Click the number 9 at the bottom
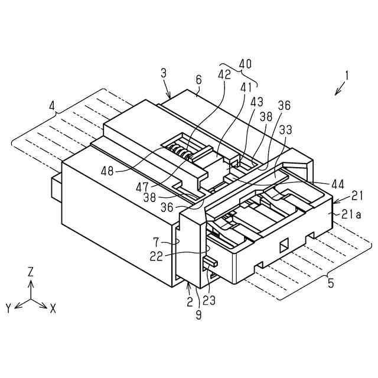pos(199,315)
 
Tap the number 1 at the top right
pos(347,76)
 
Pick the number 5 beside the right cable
pos(330,283)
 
